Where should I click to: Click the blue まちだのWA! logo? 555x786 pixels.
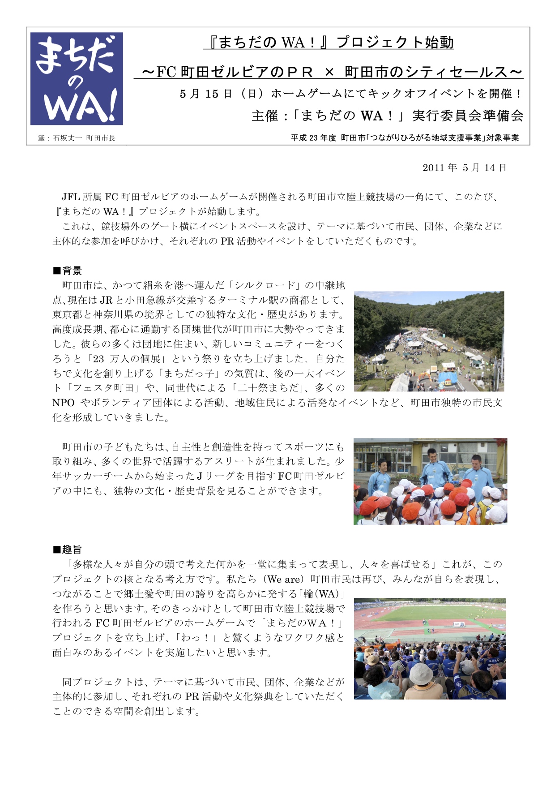pyautogui.click(x=77, y=78)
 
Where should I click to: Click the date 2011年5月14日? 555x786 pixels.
pyautogui.click(x=464, y=168)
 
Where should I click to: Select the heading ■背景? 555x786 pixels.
pyautogui.click(x=68, y=271)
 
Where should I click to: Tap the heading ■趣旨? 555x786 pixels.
pyautogui.click(x=68, y=550)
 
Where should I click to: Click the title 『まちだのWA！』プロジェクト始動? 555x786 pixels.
pyautogui.click(x=328, y=43)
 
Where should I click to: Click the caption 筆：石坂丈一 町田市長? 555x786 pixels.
pyautogui.click(x=77, y=138)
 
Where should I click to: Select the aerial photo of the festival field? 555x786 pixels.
pyautogui.click(x=428, y=341)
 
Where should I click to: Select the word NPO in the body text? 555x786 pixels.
pyautogui.click(x=63, y=403)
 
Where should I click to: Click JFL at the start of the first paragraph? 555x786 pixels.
pyautogui.click(x=71, y=197)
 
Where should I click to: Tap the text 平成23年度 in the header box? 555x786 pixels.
pyautogui.click(x=313, y=138)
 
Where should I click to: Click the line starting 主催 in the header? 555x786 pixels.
pyautogui.click(x=387, y=116)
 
